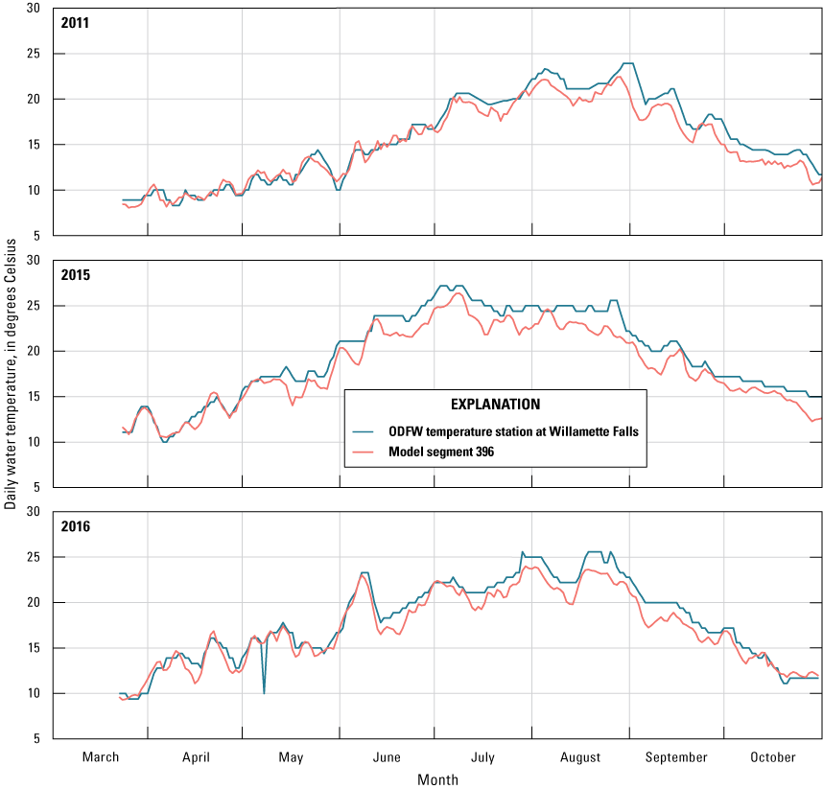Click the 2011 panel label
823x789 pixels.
74,22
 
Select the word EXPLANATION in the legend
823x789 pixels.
494,404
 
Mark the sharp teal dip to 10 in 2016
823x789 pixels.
264,691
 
